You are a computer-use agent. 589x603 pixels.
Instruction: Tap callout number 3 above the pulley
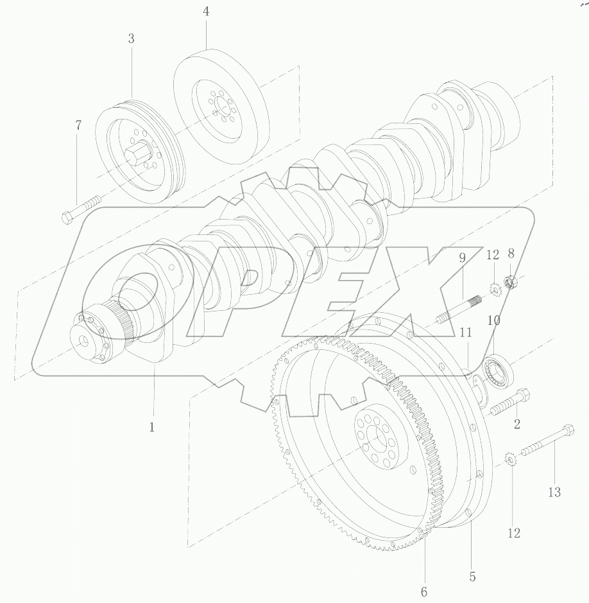131,39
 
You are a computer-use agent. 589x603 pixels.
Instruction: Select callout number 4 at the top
206,12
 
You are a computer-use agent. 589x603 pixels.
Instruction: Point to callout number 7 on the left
78,126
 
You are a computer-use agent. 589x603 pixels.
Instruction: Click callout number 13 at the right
554,492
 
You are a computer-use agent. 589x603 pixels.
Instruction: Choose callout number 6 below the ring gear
423,591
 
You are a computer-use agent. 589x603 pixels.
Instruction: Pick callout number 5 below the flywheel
472,577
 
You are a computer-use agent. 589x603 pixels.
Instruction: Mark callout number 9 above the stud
462,259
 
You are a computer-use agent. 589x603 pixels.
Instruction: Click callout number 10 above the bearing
494,320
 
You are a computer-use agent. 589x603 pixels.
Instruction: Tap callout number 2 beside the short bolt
516,424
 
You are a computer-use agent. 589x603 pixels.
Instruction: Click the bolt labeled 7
83,209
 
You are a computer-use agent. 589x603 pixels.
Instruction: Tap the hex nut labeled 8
511,281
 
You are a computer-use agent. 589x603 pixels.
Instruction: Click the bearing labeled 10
499,371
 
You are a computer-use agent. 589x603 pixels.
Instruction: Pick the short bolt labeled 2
511,403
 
